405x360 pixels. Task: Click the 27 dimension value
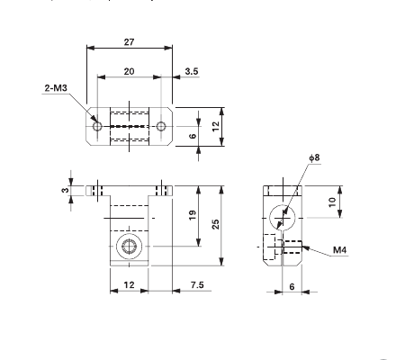click(x=130, y=41)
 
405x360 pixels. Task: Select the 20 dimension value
click(x=130, y=70)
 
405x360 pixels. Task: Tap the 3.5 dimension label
click(x=192, y=70)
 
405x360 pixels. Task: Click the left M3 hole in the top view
click(x=98, y=127)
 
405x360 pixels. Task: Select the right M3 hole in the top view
click(x=161, y=127)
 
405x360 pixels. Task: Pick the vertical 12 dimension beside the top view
click(x=216, y=127)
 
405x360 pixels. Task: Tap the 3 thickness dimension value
click(x=65, y=190)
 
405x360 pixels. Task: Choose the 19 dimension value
click(x=193, y=215)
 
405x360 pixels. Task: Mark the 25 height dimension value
click(x=216, y=224)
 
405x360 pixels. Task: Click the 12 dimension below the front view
click(x=129, y=285)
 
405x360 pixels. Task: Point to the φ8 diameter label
click(x=314, y=159)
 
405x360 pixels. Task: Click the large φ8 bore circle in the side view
click(x=283, y=216)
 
